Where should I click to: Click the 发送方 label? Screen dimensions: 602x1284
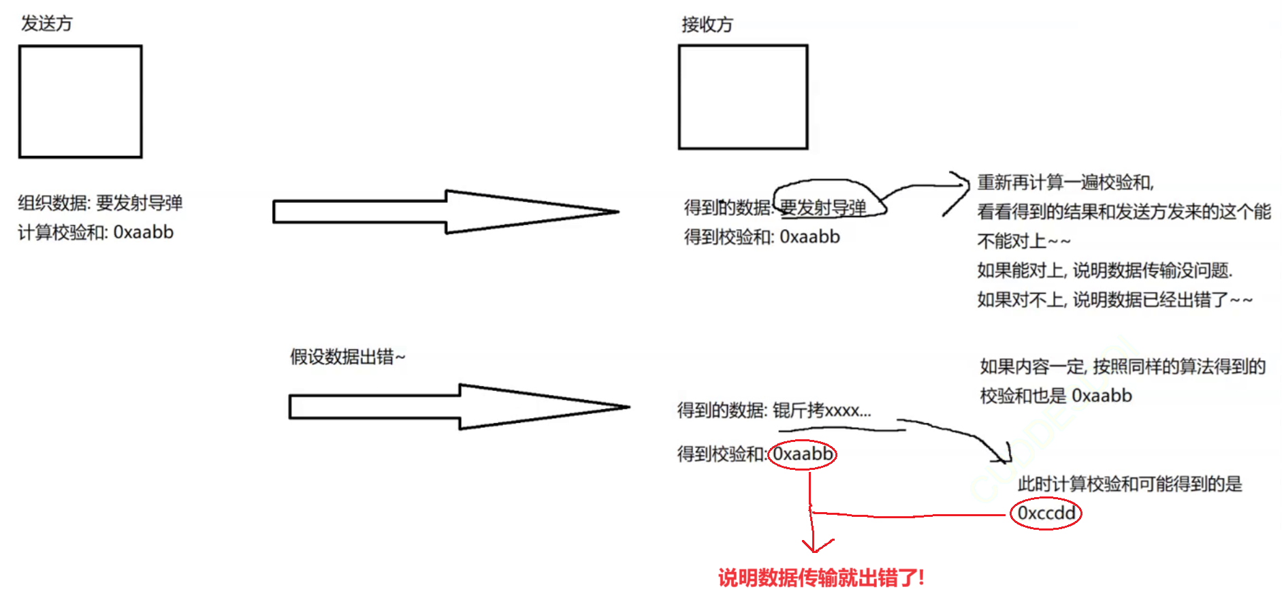point(46,23)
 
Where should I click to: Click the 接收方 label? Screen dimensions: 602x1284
point(707,25)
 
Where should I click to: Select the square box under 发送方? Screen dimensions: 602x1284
point(80,101)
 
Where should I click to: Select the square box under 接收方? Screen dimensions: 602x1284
point(743,97)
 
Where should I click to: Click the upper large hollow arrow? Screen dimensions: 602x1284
point(445,212)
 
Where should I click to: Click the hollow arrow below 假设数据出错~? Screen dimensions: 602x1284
point(459,407)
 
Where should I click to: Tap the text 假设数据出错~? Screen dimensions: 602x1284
point(347,356)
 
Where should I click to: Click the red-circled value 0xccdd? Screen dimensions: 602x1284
point(1046,513)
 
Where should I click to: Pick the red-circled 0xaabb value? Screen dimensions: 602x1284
point(803,454)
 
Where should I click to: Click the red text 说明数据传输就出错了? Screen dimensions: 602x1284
point(821,577)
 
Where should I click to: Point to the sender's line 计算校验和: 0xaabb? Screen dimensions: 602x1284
point(96,232)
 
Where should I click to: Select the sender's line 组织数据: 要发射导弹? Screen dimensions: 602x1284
point(100,203)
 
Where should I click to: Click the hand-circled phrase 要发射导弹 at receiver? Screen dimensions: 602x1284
point(823,207)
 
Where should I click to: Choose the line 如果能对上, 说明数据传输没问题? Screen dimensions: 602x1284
point(1104,270)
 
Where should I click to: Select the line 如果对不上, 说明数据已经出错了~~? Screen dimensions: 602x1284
point(1114,300)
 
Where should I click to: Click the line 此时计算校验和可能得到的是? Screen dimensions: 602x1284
point(1129,484)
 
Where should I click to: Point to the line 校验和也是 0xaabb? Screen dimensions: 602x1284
point(1056,396)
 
